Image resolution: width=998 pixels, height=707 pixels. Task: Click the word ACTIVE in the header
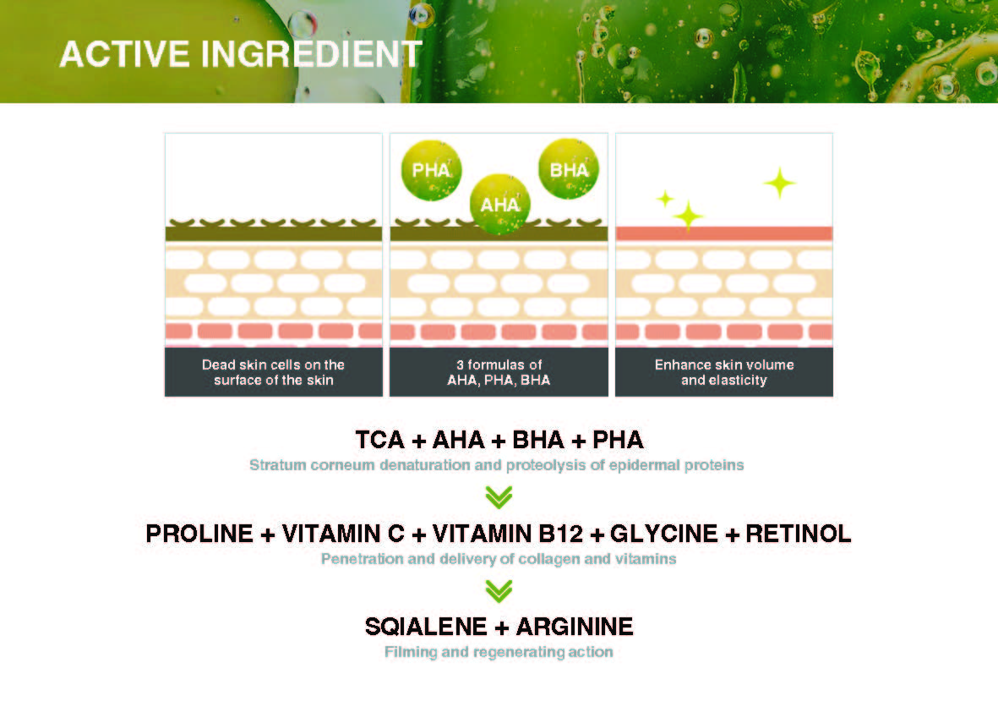click(x=124, y=53)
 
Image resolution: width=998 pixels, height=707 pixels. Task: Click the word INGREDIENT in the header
click(x=312, y=53)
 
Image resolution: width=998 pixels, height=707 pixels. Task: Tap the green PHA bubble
click(x=432, y=170)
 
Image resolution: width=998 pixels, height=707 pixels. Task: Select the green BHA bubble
click(x=569, y=169)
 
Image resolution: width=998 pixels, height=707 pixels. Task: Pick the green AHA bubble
click(x=499, y=205)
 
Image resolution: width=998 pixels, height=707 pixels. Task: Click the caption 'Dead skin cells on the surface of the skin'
click(x=274, y=372)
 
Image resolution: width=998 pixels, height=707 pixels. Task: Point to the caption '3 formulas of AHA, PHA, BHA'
click(x=499, y=372)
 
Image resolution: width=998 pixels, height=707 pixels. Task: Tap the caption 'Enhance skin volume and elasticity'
click(x=724, y=372)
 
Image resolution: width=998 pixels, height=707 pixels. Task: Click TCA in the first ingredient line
click(x=380, y=440)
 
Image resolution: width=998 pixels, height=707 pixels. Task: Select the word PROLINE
click(x=199, y=533)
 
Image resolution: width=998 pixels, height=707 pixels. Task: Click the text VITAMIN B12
click(x=507, y=533)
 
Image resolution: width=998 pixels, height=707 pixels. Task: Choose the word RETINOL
click(x=798, y=533)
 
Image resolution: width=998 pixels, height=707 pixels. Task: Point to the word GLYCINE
click(x=664, y=533)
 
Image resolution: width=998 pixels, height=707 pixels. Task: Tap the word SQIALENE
click(x=426, y=627)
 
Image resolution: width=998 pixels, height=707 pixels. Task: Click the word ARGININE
click(x=575, y=627)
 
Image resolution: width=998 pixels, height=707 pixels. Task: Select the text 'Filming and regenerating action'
click(x=499, y=651)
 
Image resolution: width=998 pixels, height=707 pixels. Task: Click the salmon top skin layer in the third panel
click(x=724, y=233)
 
